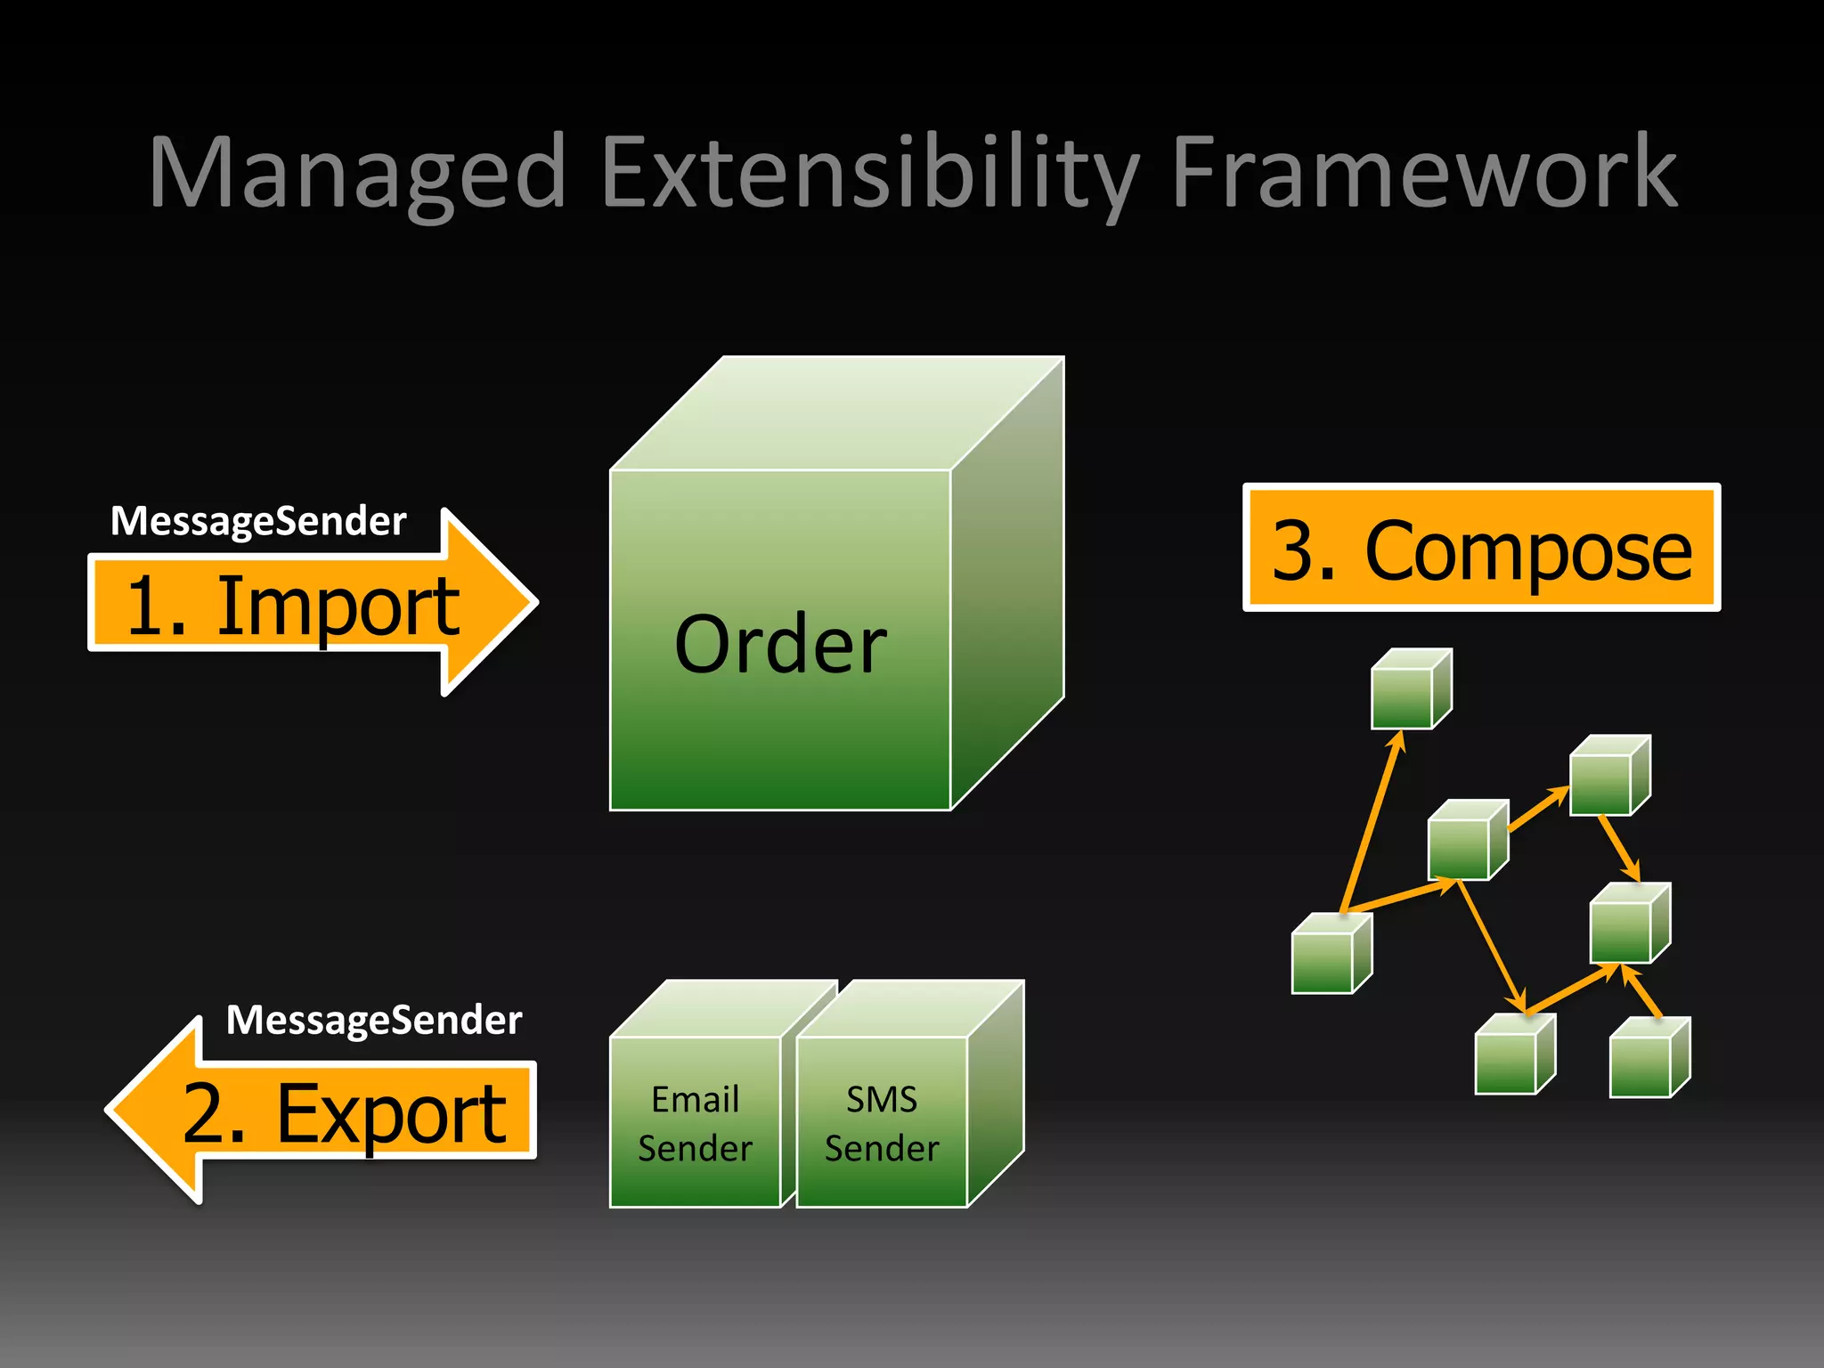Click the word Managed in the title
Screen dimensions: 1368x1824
click(356, 174)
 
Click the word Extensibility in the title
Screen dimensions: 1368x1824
click(868, 174)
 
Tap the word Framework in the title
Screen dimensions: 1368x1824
click(1423, 174)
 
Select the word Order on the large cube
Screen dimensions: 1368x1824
click(780, 645)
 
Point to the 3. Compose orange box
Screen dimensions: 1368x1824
click(1481, 549)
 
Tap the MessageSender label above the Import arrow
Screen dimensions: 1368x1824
click(258, 521)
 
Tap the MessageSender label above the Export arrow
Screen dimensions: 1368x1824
click(374, 1020)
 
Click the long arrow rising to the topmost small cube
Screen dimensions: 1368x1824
click(1372, 824)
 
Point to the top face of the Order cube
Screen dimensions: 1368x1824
click(837, 414)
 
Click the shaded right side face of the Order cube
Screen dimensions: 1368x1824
click(1006, 588)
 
